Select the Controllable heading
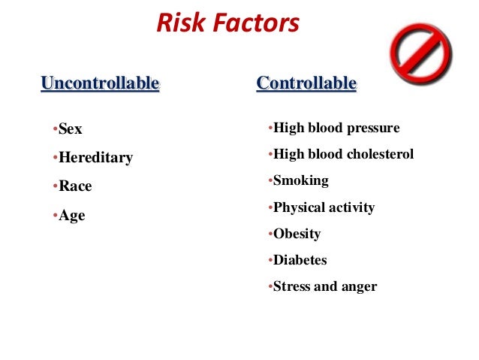pyautogui.click(x=306, y=83)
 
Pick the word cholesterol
pyautogui.click(x=380, y=155)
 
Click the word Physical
pyautogui.click(x=302, y=208)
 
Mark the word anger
pyautogui.click(x=360, y=287)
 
